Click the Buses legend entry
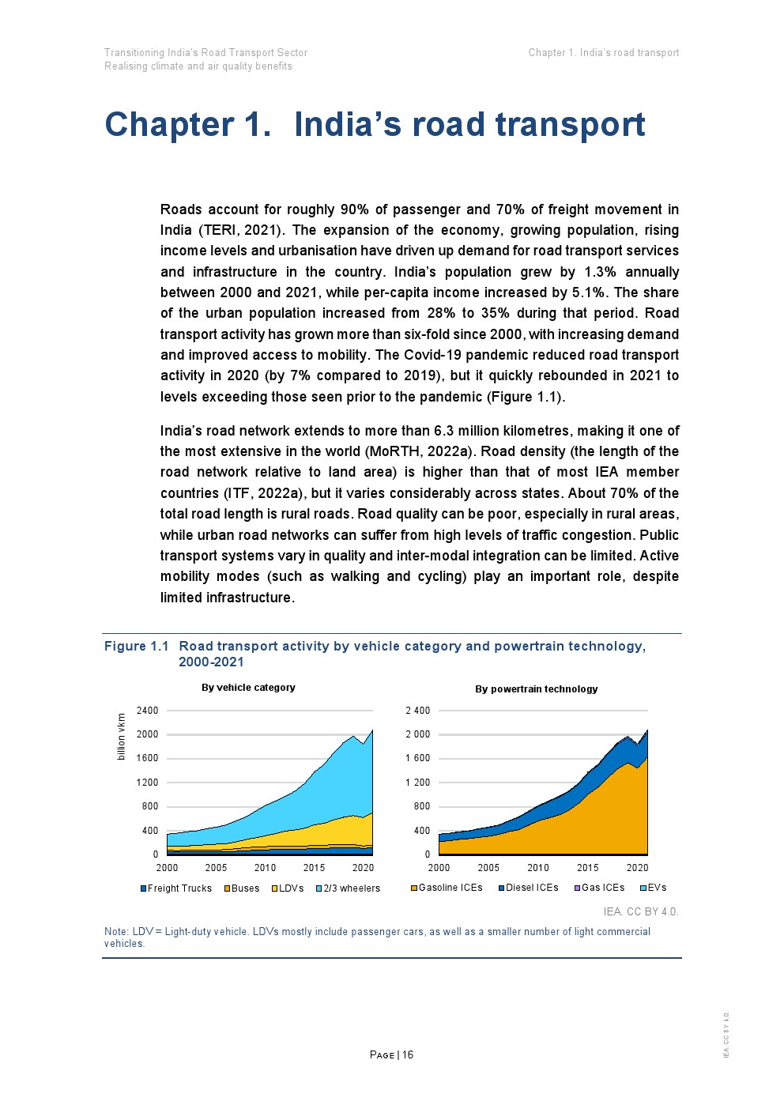[x=242, y=888]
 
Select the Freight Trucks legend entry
[x=176, y=888]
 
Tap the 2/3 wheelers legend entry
[x=348, y=888]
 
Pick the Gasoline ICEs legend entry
[x=447, y=888]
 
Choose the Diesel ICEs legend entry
[x=528, y=888]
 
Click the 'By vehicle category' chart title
[x=248, y=688]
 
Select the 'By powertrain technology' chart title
[x=536, y=689]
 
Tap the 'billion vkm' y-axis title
[x=121, y=737]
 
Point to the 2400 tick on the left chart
[x=148, y=711]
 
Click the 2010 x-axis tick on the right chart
[x=538, y=868]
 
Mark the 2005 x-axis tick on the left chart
[x=216, y=868]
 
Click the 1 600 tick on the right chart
[x=418, y=759]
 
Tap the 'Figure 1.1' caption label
[x=136, y=647]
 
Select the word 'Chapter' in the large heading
[x=168, y=125]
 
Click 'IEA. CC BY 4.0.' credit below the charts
[x=640, y=911]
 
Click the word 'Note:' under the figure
[x=116, y=932]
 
